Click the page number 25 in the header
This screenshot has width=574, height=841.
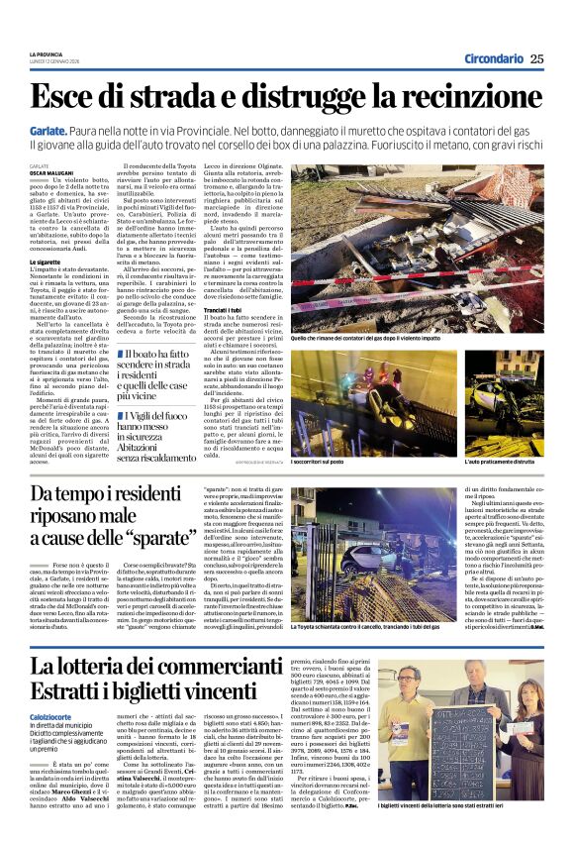(x=536, y=59)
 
